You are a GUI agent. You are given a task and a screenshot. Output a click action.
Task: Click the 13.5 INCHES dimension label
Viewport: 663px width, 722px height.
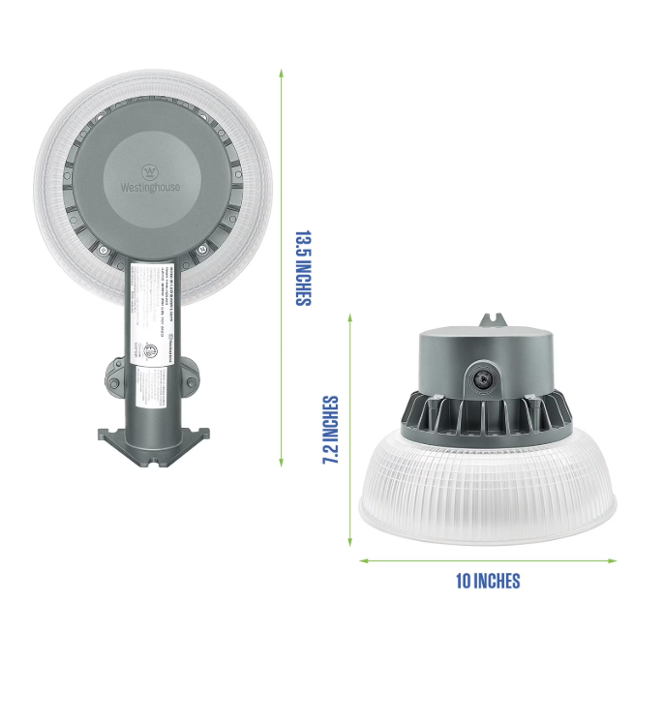[x=303, y=267]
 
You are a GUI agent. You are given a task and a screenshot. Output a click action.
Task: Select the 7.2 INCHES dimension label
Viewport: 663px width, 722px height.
[x=330, y=430]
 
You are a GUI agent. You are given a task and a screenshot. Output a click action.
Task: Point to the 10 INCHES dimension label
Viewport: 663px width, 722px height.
[x=488, y=581]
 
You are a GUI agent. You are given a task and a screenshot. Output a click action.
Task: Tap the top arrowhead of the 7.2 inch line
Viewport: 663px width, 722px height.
[x=350, y=316]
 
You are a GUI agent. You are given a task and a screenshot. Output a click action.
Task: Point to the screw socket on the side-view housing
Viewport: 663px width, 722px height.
[x=480, y=378]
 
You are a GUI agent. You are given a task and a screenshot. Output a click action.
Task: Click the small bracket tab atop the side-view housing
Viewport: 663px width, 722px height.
[x=495, y=320]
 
